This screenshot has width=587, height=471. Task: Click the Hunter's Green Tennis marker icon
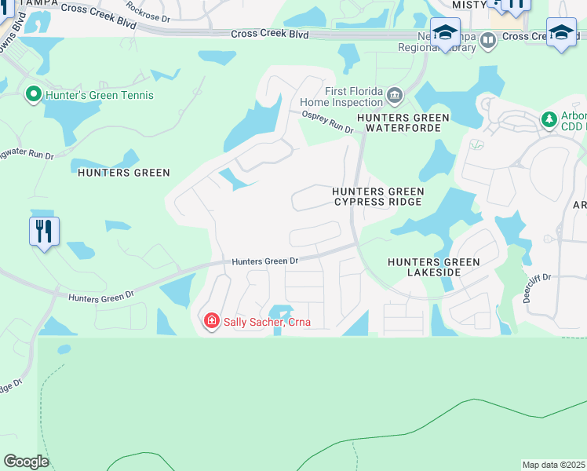tap(33, 95)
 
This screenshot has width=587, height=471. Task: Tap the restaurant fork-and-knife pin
tap(45, 232)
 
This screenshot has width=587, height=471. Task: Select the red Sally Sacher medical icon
tap(210, 321)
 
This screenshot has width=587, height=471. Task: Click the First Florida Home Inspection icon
tap(394, 96)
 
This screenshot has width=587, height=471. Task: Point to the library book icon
tap(488, 40)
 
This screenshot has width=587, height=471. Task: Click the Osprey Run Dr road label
tap(328, 122)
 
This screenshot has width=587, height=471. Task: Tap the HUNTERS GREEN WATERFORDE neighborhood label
tap(403, 123)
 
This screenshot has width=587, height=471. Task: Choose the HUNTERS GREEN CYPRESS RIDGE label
tap(377, 196)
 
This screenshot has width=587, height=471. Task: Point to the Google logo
tap(26, 462)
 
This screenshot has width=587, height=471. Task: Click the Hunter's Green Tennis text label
tap(100, 96)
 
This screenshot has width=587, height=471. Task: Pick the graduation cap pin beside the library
tap(445, 35)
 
